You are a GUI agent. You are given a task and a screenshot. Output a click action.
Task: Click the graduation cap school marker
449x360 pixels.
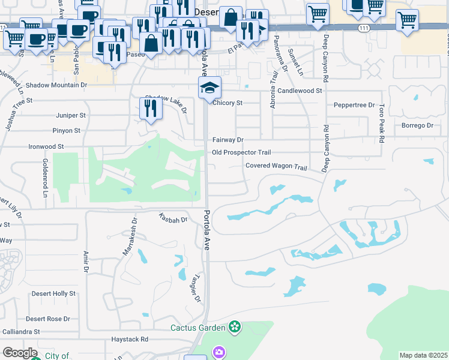(x=209, y=88)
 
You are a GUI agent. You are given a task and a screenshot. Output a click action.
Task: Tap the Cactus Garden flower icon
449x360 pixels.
(x=234, y=327)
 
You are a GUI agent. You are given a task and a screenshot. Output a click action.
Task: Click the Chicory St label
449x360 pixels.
(x=228, y=103)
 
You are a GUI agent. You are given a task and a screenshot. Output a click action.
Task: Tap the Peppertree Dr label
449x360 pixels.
(x=354, y=104)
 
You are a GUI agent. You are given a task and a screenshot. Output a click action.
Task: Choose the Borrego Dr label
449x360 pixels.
(x=417, y=125)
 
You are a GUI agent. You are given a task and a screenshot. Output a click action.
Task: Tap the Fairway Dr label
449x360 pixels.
(x=228, y=140)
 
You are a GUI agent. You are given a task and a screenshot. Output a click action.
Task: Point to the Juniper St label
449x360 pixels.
(x=71, y=115)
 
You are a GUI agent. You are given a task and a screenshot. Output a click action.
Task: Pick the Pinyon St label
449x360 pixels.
(x=67, y=130)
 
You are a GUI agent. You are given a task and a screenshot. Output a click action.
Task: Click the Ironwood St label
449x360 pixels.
(x=46, y=146)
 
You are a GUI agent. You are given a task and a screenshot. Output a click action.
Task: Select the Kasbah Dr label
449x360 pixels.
(x=173, y=220)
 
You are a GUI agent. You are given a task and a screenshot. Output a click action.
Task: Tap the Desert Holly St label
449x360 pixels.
(x=53, y=293)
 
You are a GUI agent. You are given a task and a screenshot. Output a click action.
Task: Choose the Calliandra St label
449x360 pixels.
(x=20, y=331)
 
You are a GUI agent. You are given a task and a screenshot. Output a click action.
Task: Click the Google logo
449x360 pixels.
(x=20, y=353)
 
